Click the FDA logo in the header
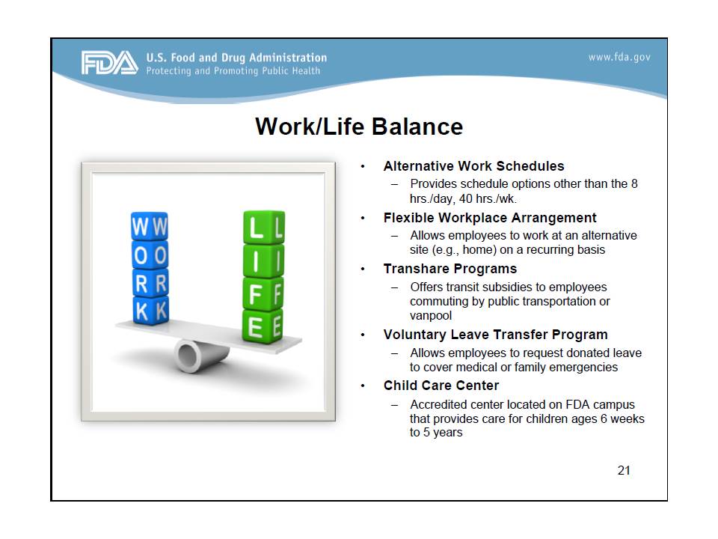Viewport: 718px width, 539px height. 109,63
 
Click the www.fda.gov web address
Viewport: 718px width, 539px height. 619,58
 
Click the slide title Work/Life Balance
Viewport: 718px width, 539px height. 359,126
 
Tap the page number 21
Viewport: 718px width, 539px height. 624,470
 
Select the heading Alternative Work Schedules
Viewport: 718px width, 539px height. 473,166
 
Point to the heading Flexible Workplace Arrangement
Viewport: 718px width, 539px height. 490,218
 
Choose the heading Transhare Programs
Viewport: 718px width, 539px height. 449,269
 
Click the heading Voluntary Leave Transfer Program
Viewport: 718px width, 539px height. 495,335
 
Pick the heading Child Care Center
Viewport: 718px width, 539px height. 441,386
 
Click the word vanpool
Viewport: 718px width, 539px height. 431,316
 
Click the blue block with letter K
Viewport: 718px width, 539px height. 150,307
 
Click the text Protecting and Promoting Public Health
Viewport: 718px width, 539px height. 233,71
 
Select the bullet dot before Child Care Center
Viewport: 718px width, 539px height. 363,386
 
